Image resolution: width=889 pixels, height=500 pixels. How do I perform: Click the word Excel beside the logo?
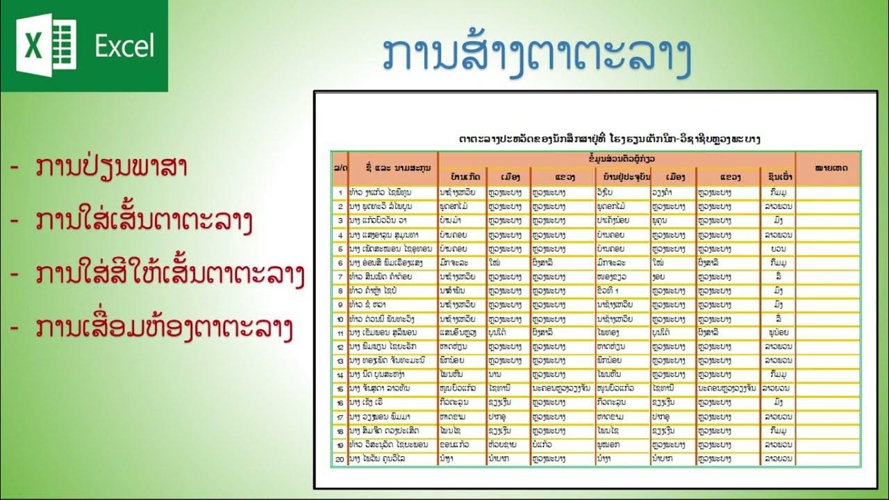[125, 47]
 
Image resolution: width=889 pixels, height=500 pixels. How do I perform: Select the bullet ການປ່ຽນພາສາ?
[111, 169]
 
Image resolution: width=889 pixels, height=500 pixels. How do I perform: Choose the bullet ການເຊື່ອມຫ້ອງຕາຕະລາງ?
[163, 328]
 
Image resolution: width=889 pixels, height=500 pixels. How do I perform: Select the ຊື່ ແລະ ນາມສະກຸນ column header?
[392, 168]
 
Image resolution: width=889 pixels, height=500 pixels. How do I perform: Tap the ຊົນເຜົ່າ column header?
[778, 177]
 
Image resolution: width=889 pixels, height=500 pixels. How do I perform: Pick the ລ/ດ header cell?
[340, 168]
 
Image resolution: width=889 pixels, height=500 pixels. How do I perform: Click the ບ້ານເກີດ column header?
[462, 177]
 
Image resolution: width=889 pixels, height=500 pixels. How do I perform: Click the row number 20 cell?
[340, 459]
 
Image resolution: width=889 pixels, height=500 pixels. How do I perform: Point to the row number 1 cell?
[340, 192]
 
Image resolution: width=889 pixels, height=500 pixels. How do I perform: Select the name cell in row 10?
[392, 319]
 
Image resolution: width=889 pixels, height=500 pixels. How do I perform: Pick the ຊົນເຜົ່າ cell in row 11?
[778, 333]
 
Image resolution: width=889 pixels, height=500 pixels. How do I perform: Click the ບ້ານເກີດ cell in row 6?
[462, 262]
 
